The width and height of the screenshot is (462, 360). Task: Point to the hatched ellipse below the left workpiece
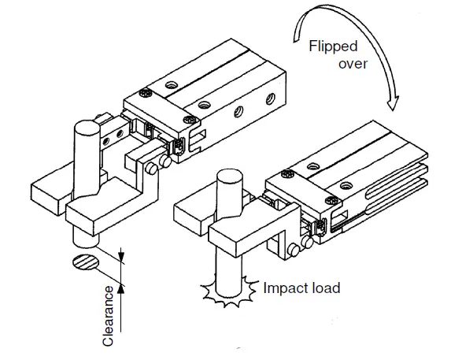click(x=85, y=261)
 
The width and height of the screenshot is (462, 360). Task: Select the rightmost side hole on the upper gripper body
click(x=271, y=98)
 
